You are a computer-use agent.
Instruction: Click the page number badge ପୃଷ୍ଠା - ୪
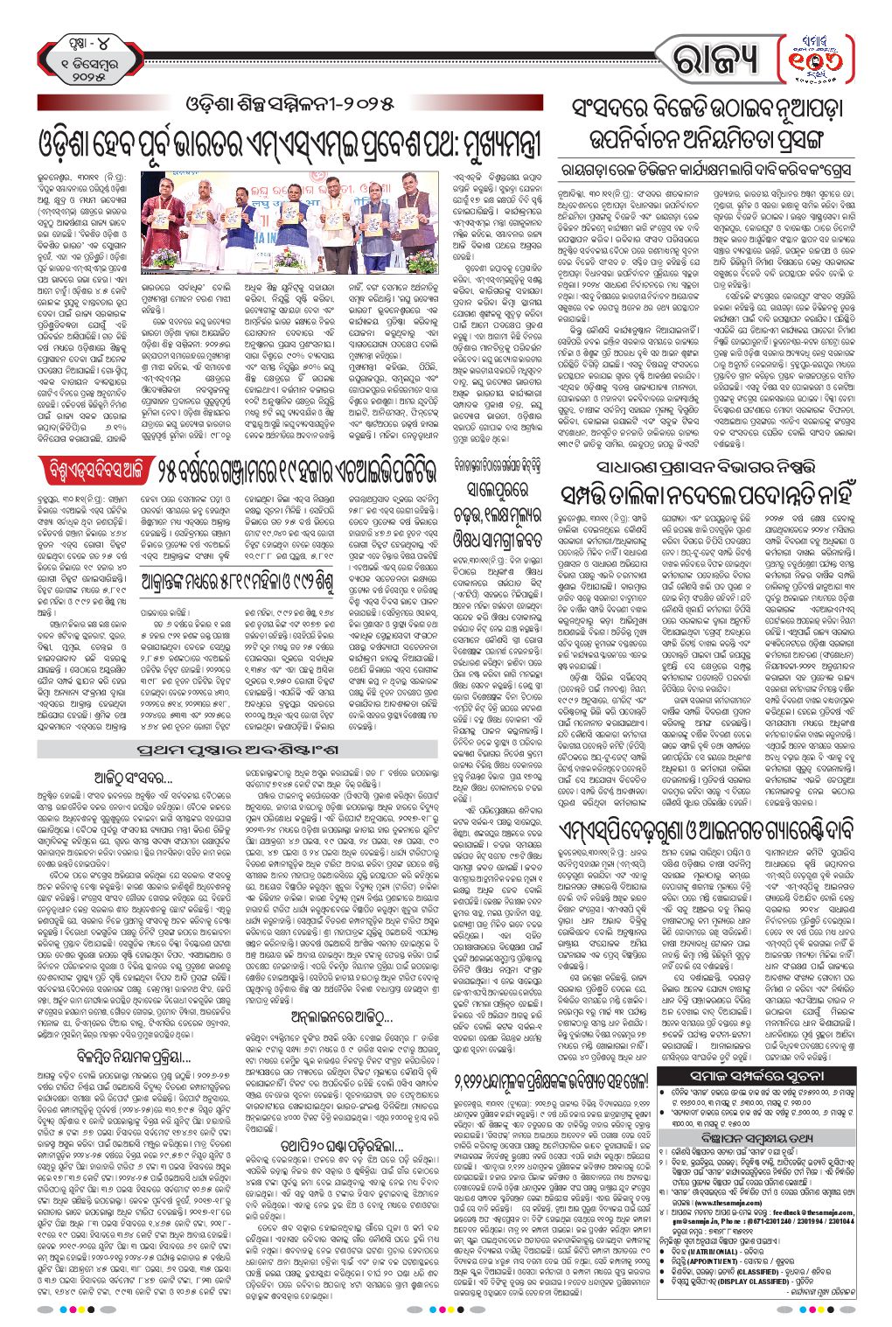pyautogui.click(x=90, y=41)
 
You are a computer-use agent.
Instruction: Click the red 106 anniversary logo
pyautogui.click(x=819, y=57)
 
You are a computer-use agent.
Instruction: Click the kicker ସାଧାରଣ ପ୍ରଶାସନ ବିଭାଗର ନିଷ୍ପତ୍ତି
pyautogui.click(x=714, y=464)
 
